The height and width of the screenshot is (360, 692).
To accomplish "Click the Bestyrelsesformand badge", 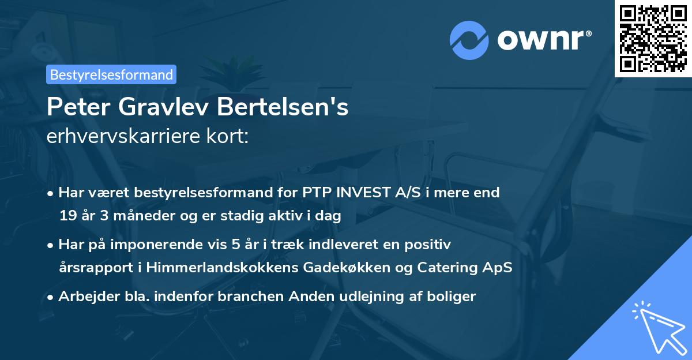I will (111, 74).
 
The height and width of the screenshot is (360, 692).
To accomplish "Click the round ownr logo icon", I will (468, 40).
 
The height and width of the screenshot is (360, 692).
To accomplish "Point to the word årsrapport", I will (94, 268).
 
